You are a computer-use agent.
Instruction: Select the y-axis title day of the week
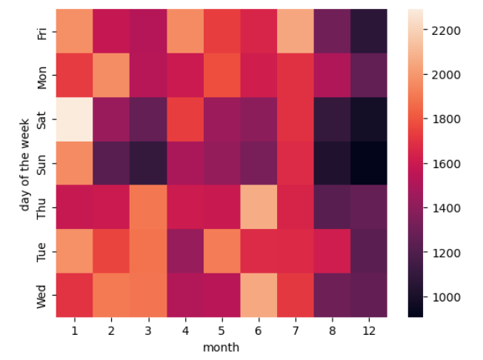click(x=25, y=163)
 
